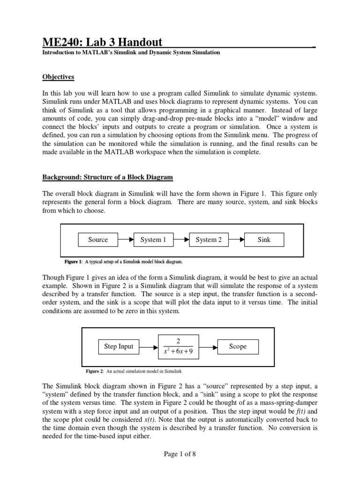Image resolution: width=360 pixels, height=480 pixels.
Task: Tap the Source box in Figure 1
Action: [98, 240]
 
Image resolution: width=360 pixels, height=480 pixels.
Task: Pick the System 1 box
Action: [153, 240]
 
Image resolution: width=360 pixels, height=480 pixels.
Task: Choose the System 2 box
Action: [209, 240]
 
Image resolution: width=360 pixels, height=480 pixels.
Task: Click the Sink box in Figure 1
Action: [264, 240]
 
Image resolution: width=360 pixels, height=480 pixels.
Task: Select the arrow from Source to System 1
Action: [126, 240]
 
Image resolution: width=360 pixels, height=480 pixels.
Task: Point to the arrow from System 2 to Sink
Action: [236, 240]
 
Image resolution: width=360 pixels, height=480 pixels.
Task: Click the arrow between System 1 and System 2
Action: [181, 240]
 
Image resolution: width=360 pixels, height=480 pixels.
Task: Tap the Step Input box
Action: [119, 347]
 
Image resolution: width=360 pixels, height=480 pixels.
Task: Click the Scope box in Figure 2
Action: [237, 347]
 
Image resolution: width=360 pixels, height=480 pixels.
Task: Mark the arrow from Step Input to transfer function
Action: [149, 347]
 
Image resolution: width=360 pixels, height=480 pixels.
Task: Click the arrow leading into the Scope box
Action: [208, 347]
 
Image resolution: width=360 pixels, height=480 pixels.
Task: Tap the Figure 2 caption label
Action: [94, 371]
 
